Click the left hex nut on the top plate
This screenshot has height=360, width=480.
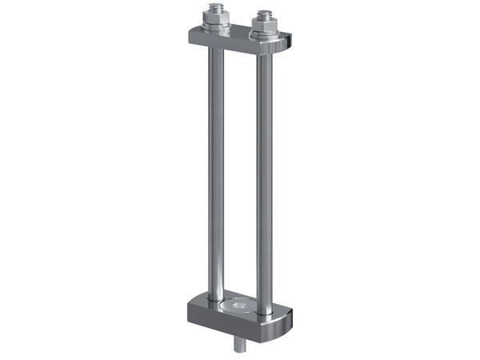(215, 19)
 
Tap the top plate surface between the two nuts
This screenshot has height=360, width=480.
(238, 32)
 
